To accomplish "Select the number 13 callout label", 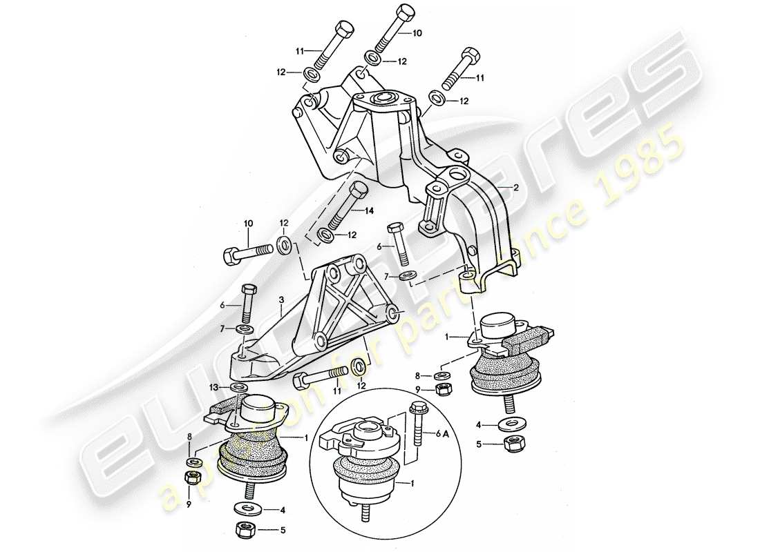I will (216, 388).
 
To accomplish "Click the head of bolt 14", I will (359, 190).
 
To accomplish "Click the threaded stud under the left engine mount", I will (249, 491).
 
